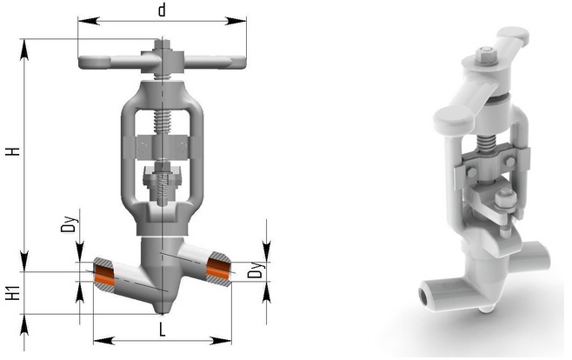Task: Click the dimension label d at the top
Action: click(x=161, y=10)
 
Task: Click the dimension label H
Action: click(x=12, y=150)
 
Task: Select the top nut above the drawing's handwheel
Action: click(x=162, y=43)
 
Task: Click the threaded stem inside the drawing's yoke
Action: click(x=162, y=122)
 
